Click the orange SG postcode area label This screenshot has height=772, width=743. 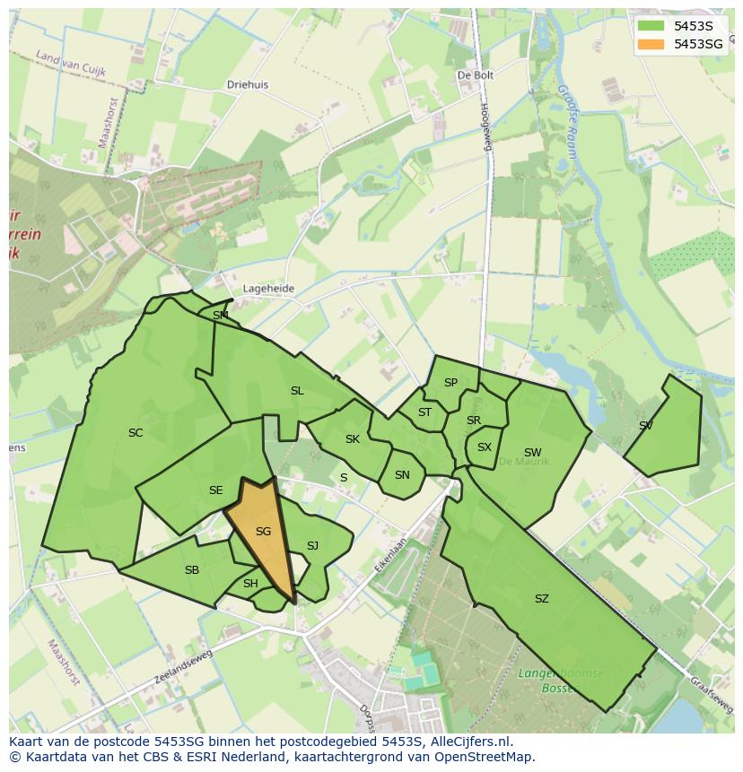click(x=263, y=532)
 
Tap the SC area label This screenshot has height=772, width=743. click(x=135, y=433)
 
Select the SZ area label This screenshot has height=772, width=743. click(x=541, y=599)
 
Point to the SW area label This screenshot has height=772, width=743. click(x=532, y=453)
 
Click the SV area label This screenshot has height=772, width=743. click(x=646, y=426)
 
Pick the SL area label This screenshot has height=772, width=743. click(x=297, y=391)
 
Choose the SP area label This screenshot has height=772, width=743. click(x=450, y=383)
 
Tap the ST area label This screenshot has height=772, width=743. click(x=424, y=413)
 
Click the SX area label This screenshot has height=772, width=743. click(x=485, y=447)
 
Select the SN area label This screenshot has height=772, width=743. click(x=402, y=475)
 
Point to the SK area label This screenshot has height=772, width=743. click(x=353, y=439)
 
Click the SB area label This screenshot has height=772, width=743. click(x=192, y=570)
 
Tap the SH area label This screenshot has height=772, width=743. click(x=250, y=584)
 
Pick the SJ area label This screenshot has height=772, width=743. click(x=312, y=546)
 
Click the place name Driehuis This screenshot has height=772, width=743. click(x=248, y=85)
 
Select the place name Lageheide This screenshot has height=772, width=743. click(x=268, y=289)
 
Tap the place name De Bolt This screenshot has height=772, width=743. click(x=476, y=76)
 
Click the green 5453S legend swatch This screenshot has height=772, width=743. click(x=651, y=26)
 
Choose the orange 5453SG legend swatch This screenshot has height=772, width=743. click(x=651, y=44)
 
